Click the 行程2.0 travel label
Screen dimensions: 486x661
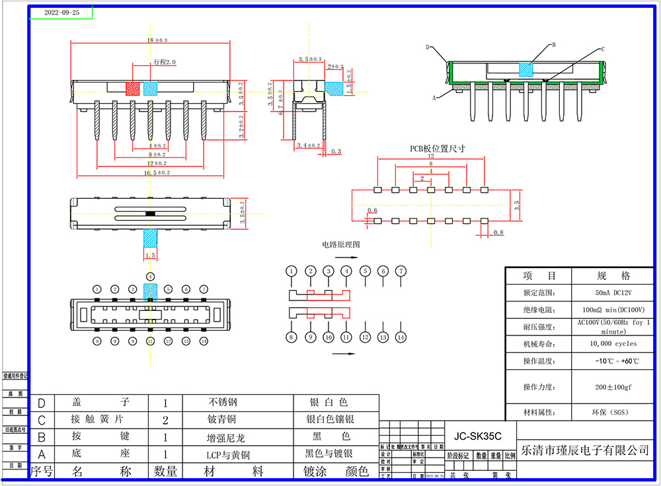pos(165,61)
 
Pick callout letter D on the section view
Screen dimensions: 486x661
pos(428,48)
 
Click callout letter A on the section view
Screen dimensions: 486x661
pos(434,97)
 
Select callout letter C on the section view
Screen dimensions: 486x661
pos(602,49)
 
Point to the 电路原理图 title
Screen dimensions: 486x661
pos(341,244)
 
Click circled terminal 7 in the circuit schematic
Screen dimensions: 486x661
pos(400,271)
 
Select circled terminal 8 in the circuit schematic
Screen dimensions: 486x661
pos(292,337)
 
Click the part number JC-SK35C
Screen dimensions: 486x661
pos(477,436)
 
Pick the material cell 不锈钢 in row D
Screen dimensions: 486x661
pos(222,402)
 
